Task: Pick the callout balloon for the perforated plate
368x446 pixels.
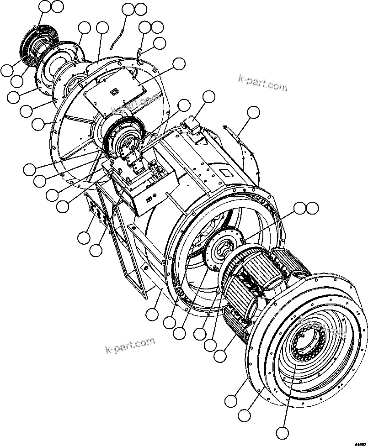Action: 84,238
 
